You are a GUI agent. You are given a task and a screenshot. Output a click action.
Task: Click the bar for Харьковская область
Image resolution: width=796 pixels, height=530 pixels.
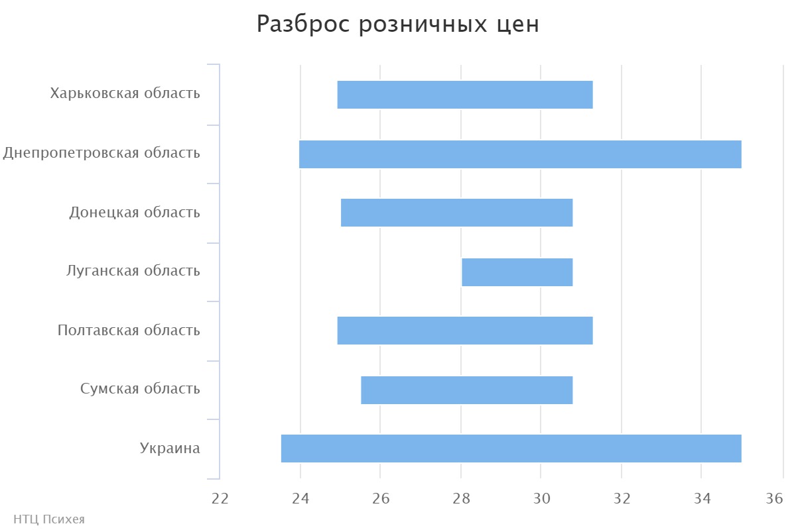click(x=464, y=95)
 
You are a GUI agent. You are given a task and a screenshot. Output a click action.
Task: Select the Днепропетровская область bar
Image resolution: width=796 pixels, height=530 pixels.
click(x=520, y=154)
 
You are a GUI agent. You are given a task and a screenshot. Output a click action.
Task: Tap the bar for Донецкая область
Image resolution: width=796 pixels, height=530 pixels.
click(x=456, y=213)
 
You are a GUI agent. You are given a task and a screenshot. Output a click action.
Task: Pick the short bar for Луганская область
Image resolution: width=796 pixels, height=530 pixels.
click(x=517, y=272)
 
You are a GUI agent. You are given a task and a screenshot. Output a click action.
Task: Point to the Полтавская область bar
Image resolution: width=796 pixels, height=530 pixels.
click(x=464, y=331)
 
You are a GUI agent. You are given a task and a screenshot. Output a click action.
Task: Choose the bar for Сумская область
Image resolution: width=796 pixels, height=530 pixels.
click(x=466, y=390)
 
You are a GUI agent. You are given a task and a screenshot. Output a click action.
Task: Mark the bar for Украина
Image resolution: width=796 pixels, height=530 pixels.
click(x=511, y=449)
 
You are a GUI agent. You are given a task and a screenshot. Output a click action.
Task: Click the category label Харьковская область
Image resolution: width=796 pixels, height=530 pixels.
click(x=125, y=93)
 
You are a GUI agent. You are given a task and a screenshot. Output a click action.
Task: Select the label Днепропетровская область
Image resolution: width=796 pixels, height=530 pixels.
click(x=101, y=153)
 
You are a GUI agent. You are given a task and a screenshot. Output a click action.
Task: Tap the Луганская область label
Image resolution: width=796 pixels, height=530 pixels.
click(x=133, y=271)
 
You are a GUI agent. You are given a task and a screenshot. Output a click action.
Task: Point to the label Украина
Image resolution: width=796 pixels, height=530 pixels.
click(x=170, y=449)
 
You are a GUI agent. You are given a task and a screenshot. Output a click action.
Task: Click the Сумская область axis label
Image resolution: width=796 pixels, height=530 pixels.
click(x=140, y=389)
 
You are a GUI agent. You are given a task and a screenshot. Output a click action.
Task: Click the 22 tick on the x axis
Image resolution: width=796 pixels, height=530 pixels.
click(x=220, y=499)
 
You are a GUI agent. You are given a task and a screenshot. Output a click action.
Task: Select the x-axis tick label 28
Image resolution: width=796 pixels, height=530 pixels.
click(x=461, y=499)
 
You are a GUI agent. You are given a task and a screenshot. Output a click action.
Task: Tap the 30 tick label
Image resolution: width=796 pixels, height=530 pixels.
click(x=541, y=499)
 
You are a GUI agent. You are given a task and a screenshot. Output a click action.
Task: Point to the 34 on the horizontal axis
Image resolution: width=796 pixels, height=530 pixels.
click(x=702, y=499)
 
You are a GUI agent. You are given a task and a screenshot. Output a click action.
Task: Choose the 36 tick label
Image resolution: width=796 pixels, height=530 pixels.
click(x=774, y=499)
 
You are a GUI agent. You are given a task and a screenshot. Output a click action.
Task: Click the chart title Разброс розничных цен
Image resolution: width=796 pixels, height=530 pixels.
click(x=398, y=25)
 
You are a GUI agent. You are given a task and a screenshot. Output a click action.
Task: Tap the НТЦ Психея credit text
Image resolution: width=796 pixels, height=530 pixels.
click(x=49, y=519)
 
